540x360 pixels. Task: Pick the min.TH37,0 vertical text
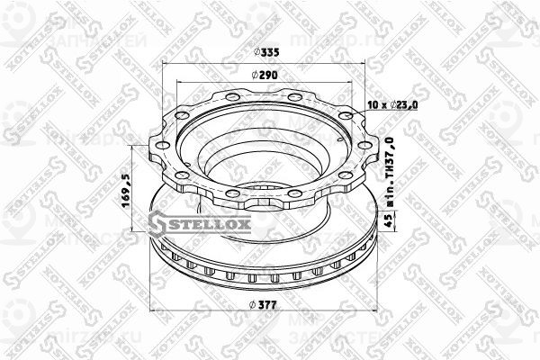[x=390, y=166]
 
